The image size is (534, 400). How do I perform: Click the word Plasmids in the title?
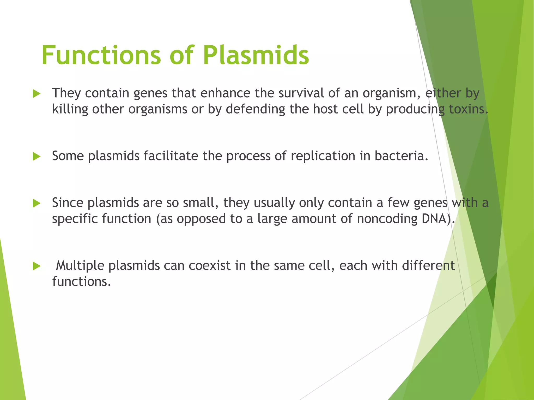coord(256,55)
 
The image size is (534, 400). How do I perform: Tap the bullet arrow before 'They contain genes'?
coord(37,94)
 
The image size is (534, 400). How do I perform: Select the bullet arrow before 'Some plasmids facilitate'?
coord(37,157)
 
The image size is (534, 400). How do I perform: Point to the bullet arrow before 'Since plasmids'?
coord(37,203)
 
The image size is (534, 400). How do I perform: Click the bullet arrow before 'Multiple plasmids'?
coord(37,266)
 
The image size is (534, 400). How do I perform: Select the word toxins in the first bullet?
coord(468,109)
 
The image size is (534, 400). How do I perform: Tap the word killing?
coord(70,109)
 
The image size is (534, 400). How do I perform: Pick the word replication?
coord(323,156)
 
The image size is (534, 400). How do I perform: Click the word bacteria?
coord(401,156)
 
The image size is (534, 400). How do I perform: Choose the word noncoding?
coord(387,218)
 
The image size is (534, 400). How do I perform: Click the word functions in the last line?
coord(81,282)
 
